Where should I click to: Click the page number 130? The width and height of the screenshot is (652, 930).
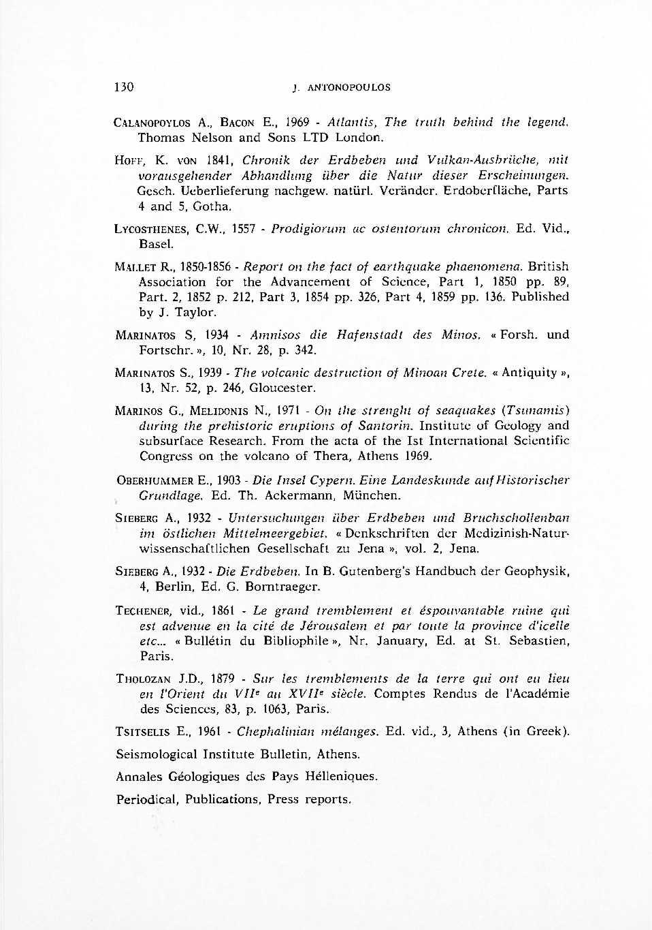point(124,87)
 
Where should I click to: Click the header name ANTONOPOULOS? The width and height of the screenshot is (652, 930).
point(349,88)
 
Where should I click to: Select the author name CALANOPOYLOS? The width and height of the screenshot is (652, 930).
point(152,123)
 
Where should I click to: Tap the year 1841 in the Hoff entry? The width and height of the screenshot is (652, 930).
point(220,161)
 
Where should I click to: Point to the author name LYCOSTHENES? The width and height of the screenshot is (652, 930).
point(152,229)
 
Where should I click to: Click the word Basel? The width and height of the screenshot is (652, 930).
point(157,244)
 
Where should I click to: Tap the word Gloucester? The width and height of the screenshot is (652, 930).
point(282,388)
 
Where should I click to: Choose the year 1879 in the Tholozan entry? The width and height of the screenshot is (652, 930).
point(223,679)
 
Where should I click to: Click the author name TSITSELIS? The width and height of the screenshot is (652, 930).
point(143,732)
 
